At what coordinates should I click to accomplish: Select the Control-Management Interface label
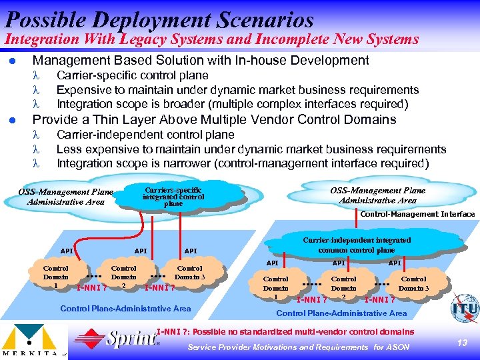417,214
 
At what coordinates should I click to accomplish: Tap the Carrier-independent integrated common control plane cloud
357,245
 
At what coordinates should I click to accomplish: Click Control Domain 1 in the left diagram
56,277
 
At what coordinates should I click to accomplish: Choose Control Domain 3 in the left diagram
190,273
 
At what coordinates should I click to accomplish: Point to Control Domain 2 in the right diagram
344,288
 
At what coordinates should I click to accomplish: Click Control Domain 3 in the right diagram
414,284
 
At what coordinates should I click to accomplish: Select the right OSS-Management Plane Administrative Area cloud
377,195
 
